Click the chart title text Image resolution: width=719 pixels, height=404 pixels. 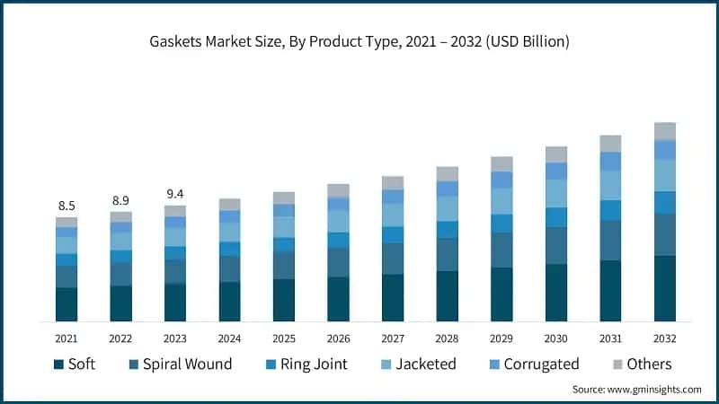359,41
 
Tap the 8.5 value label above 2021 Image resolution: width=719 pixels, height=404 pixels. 67,206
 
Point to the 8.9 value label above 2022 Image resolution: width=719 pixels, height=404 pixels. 120,200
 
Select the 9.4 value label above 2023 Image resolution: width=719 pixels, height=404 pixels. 175,194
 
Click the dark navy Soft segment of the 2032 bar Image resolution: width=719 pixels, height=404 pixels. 665,288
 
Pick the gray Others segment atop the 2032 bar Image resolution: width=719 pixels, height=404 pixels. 665,131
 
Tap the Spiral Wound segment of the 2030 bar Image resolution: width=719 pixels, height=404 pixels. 556,245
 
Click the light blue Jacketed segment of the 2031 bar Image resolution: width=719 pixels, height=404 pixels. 611,185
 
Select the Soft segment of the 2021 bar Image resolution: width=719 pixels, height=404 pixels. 67,304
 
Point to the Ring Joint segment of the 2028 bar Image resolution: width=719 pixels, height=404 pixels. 448,230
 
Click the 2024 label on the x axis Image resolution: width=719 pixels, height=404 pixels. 230,338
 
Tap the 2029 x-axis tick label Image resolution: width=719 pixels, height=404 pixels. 502,338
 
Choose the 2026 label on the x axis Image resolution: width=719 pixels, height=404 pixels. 339,338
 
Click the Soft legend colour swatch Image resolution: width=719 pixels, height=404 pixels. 59,364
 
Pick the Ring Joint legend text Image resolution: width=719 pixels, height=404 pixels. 313,364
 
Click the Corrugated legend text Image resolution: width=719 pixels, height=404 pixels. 541,364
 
